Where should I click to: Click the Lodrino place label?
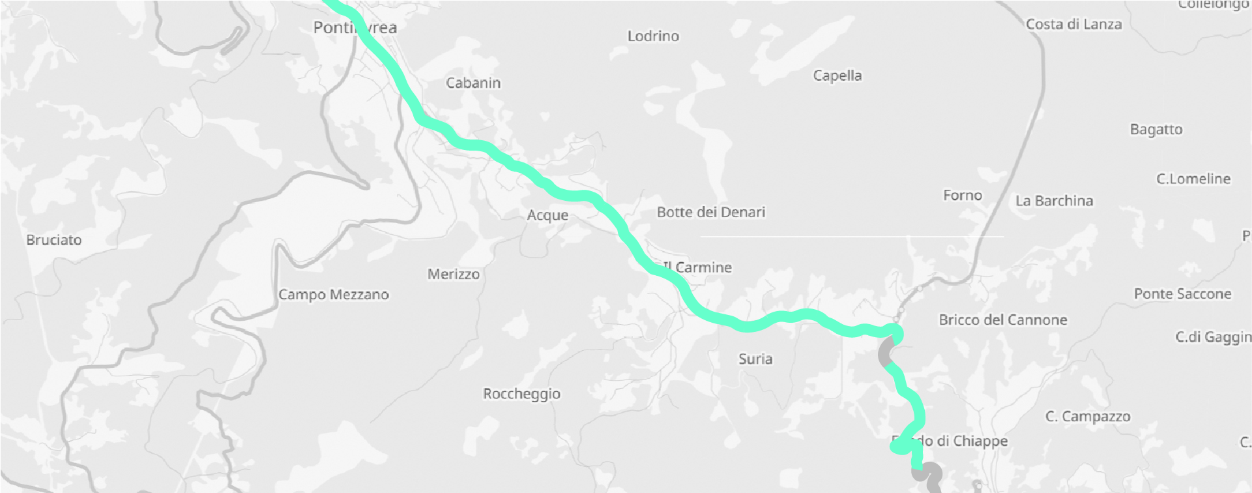653,37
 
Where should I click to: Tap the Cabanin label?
473,83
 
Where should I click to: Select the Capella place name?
837,76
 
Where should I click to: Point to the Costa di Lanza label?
1073,25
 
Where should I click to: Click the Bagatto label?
1156,130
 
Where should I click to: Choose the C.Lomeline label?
1193,179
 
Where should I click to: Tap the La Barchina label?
1054,201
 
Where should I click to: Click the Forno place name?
962,196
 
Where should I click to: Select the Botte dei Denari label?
710,213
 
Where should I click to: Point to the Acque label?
547,215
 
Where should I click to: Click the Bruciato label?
54,240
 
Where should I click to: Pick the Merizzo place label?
454,275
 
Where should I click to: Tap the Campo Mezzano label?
334,295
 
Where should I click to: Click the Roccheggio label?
521,394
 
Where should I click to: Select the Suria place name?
755,359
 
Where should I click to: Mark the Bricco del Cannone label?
1002,320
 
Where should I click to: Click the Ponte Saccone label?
1182,294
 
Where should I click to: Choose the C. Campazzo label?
1087,417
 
